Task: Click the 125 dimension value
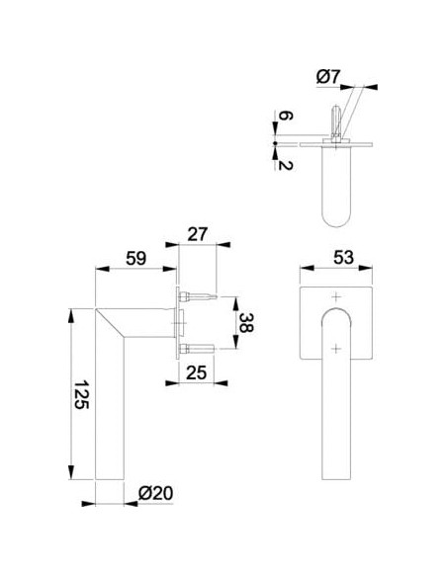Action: [x=81, y=394]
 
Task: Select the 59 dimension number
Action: [x=135, y=258]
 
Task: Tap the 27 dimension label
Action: [x=198, y=234]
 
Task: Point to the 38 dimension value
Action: [x=245, y=323]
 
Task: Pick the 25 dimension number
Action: [x=196, y=372]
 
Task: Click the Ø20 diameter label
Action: [x=155, y=493]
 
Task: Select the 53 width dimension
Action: [x=343, y=257]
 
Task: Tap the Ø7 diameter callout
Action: [x=327, y=77]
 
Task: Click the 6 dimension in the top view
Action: [x=285, y=116]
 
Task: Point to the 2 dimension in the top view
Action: [x=285, y=165]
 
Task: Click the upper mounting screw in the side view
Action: [x=198, y=296]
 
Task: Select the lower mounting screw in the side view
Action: [x=196, y=349]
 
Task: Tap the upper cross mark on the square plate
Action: [x=336, y=296]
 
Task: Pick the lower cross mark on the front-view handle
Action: [x=336, y=348]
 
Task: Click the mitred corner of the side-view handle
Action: [x=111, y=323]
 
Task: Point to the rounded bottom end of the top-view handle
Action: [x=336, y=219]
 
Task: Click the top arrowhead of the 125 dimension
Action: [x=71, y=316]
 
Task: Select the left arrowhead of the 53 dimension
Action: [x=308, y=268]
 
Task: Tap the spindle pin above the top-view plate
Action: [x=336, y=121]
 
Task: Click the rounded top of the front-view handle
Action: [x=336, y=308]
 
